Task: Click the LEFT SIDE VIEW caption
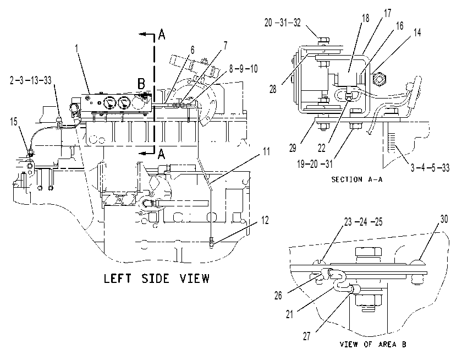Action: (157, 279)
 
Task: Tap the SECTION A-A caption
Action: (357, 179)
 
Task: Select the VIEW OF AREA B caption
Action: (373, 344)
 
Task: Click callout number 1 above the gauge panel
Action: (77, 48)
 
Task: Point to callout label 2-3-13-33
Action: (31, 80)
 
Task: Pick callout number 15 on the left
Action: (14, 121)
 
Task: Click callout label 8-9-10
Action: (243, 69)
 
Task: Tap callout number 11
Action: (266, 151)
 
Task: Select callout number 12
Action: (265, 220)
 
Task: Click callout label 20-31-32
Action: (283, 23)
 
